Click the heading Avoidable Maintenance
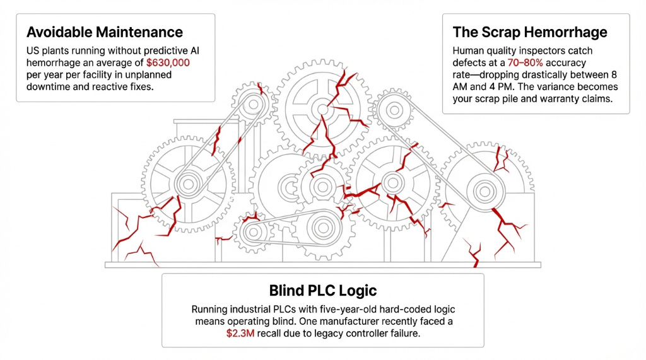coord(104,32)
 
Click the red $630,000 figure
coord(168,62)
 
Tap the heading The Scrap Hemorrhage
coord(530,32)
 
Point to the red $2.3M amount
coord(239,334)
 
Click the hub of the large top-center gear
coord(322,110)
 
